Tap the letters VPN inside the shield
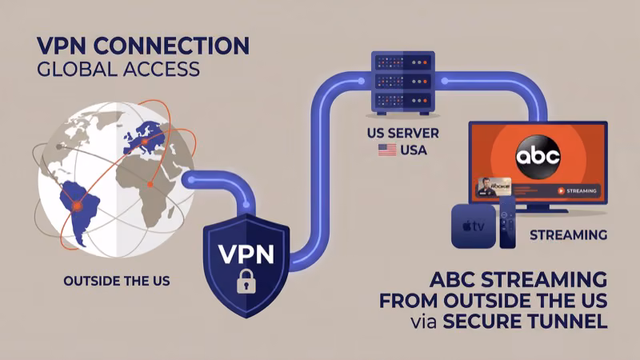[246, 254]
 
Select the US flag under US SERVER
[387, 150]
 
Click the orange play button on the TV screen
[560, 191]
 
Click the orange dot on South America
[78, 206]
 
